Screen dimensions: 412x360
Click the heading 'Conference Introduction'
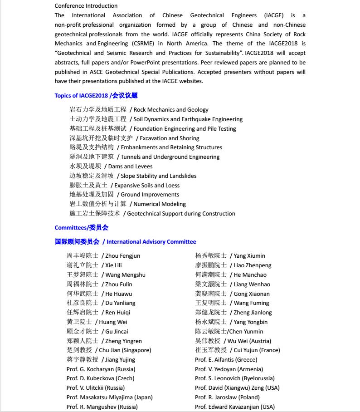[x=86, y=6]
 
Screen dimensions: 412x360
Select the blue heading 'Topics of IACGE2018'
[x=81, y=95]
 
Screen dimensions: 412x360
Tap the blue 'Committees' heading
[x=71, y=228]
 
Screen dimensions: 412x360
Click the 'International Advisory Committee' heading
[x=151, y=242]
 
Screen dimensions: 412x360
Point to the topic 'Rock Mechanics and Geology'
[x=171, y=110]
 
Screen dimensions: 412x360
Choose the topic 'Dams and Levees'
[x=130, y=167]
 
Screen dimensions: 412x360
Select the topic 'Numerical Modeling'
[x=160, y=204]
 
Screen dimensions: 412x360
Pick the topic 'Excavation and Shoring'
[x=170, y=138]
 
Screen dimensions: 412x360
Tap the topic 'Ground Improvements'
[x=150, y=195]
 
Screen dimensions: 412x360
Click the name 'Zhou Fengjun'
[x=122, y=256]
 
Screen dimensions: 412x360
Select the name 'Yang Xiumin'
[x=249, y=256]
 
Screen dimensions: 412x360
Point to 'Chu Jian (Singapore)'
[x=125, y=350]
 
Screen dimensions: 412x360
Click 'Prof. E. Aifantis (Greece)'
[x=226, y=360]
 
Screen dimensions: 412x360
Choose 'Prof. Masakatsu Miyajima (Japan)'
[x=109, y=397]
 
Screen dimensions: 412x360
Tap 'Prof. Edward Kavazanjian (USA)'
[x=234, y=407]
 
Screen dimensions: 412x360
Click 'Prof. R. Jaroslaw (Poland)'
[x=227, y=397]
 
